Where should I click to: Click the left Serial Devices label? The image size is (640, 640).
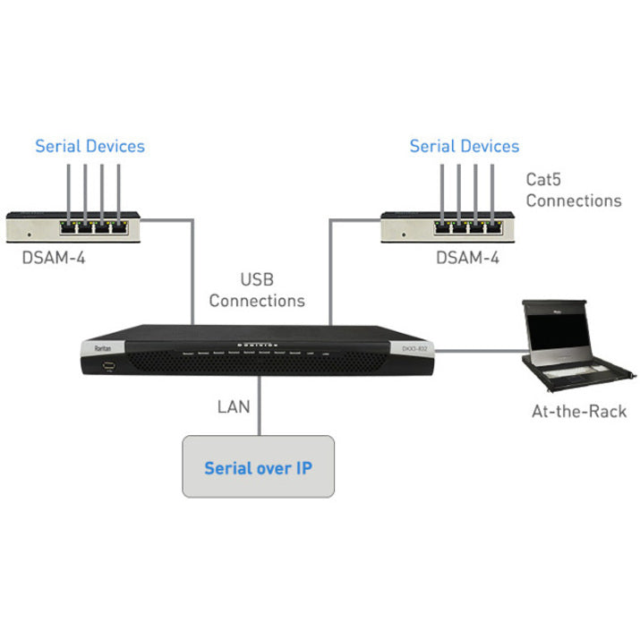pyautogui.click(x=90, y=146)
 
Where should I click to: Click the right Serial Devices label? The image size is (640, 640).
pyautogui.click(x=464, y=146)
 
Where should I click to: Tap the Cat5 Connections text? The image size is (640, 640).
pyautogui.click(x=573, y=190)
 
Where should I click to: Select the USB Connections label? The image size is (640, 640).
pyautogui.click(x=257, y=291)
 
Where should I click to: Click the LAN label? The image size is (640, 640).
pyautogui.click(x=234, y=406)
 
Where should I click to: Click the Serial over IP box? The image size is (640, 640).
pyautogui.click(x=258, y=466)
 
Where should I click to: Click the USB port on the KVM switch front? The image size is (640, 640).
pyautogui.click(x=107, y=365)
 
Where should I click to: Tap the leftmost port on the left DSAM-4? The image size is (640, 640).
pyautogui.click(x=69, y=226)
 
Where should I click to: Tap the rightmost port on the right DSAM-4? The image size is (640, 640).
pyautogui.click(x=490, y=226)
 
